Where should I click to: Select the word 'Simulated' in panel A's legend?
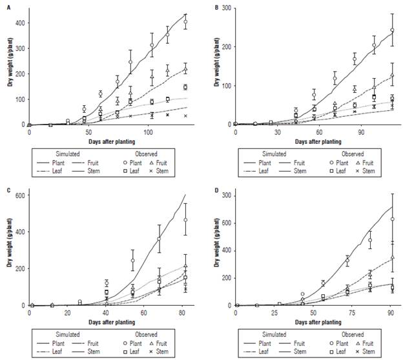click(x=63, y=154)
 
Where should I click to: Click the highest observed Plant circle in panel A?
click(x=185, y=22)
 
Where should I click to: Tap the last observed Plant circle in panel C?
click(x=185, y=220)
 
